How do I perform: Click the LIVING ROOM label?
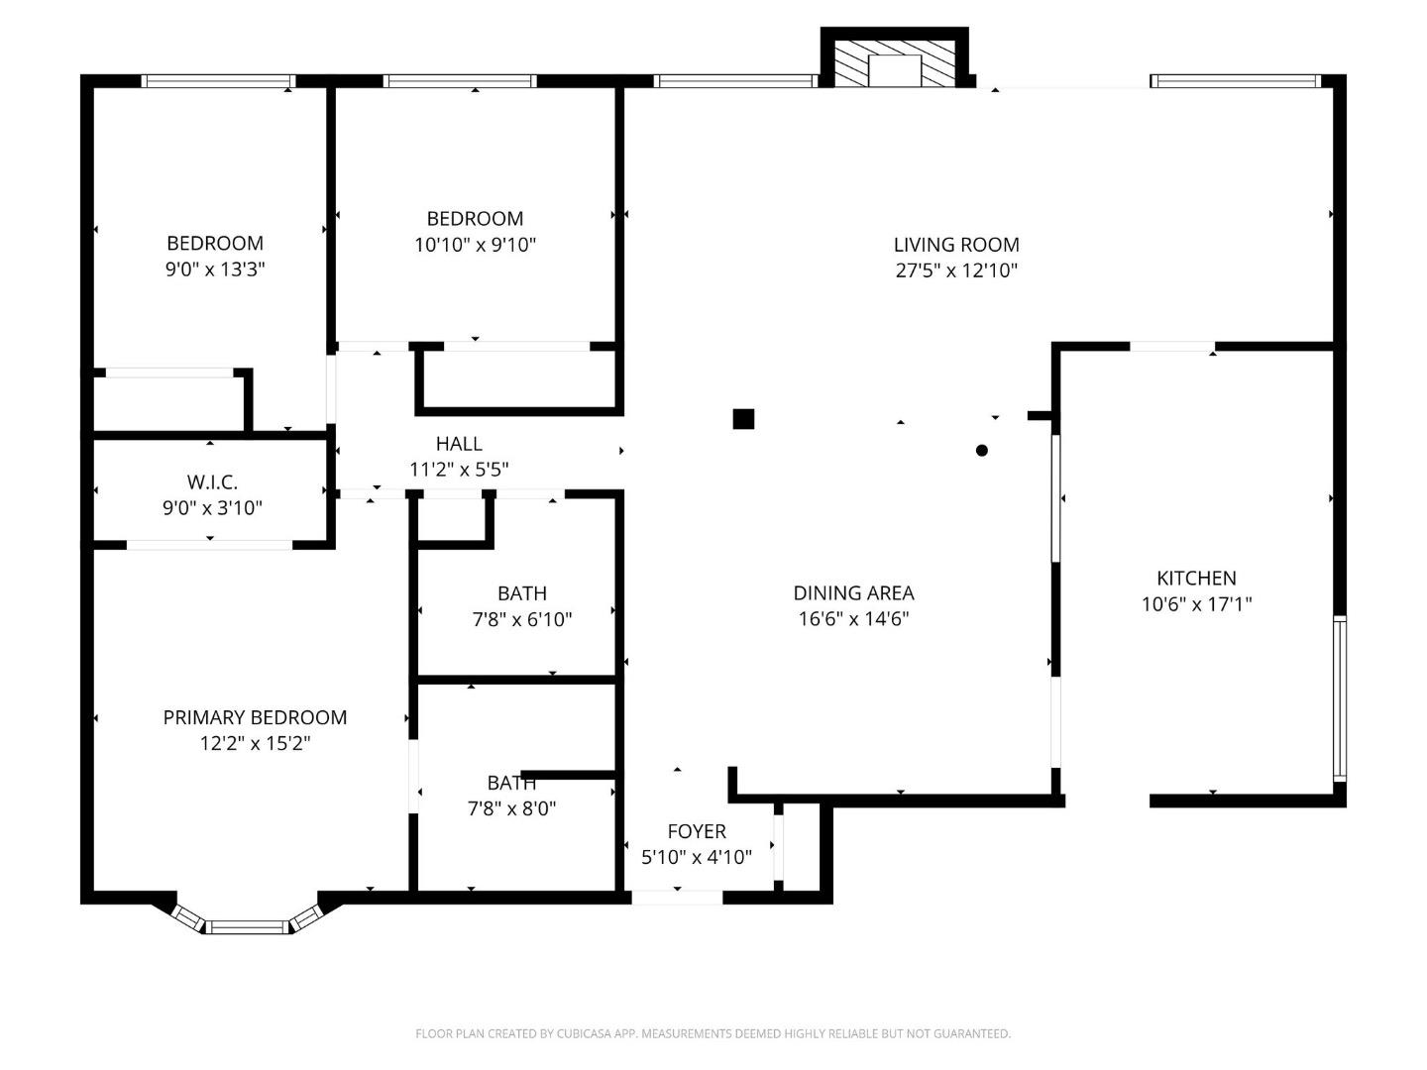(955, 245)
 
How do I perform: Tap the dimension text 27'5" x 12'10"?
(956, 270)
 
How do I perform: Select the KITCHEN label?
(1196, 579)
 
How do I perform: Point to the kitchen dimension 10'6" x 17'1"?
(1196, 604)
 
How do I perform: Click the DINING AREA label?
(853, 593)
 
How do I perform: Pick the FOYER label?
(696, 832)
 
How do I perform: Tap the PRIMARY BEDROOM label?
(255, 718)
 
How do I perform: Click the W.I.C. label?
(212, 482)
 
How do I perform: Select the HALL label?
(459, 444)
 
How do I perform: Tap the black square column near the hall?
(743, 419)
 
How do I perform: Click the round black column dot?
(982, 451)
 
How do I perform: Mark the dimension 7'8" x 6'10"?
(521, 620)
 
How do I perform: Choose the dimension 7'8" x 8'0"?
(511, 808)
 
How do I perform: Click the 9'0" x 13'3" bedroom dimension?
(215, 269)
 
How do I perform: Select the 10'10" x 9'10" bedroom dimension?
(475, 245)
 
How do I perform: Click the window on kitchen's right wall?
(1339, 697)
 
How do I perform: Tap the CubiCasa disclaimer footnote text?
(713, 1034)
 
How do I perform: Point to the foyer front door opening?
(677, 898)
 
